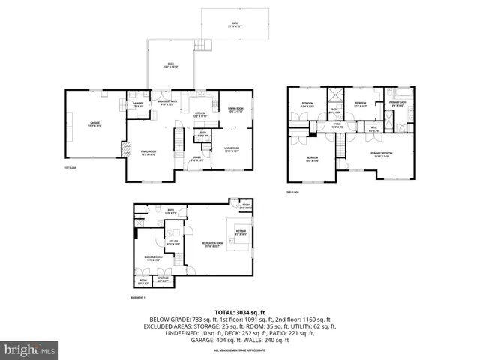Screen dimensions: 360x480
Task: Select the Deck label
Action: [x=171, y=65]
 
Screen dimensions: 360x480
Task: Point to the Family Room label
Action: [x=148, y=153]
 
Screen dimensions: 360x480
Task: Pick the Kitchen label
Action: [x=199, y=116]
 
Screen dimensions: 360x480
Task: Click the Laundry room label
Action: [x=138, y=106]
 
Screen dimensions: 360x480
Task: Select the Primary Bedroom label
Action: [x=381, y=154]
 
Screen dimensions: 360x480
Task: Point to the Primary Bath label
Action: [x=397, y=104]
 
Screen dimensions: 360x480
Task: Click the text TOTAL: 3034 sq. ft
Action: [x=239, y=311]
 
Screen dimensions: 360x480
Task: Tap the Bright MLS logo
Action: [x=30, y=349]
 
